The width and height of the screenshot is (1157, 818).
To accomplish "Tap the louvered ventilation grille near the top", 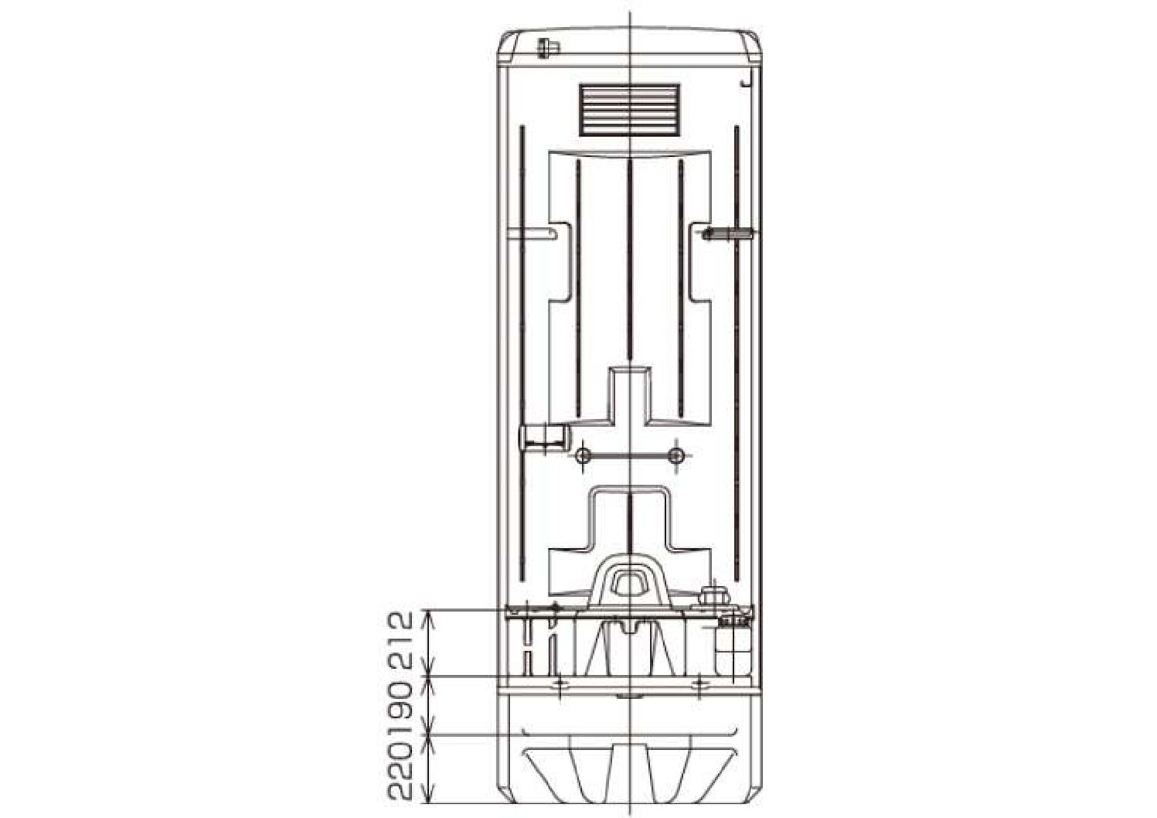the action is [x=629, y=110].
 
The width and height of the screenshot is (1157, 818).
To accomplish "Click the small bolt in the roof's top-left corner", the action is [x=547, y=49].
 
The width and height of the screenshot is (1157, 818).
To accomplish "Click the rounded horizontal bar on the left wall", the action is [x=532, y=234].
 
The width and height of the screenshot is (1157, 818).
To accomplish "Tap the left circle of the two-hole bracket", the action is [x=584, y=456].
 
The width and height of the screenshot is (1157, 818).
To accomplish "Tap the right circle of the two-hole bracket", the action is [x=676, y=456].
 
